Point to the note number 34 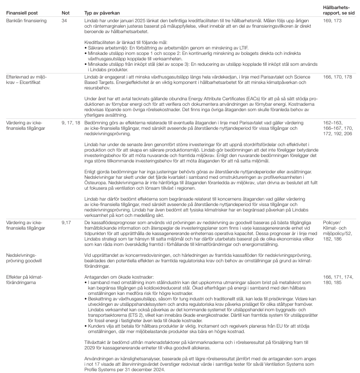pos(64,21)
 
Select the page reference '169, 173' pos(330,21)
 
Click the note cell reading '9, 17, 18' pos(70,123)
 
